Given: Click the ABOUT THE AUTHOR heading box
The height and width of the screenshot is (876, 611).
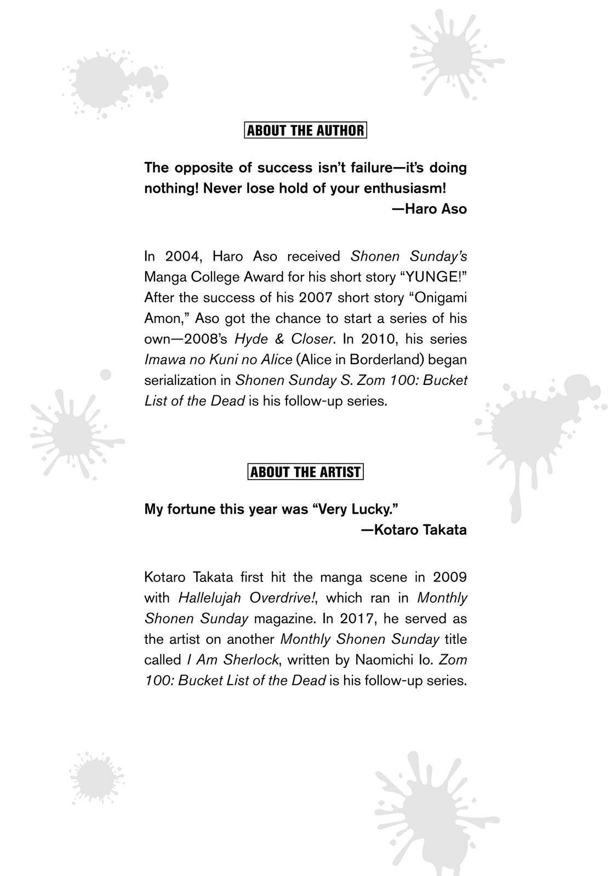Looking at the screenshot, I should coord(305,130).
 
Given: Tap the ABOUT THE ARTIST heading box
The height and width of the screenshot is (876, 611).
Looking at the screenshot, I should coord(305,472).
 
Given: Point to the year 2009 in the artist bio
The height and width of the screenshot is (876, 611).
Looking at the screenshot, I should coord(449,577).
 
